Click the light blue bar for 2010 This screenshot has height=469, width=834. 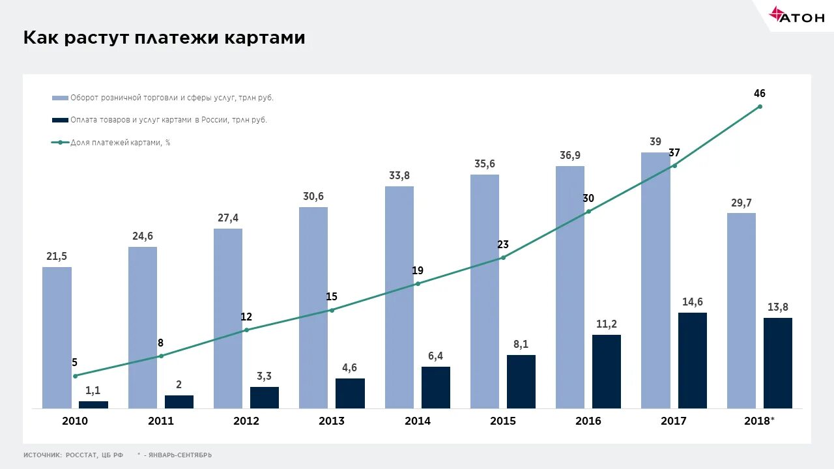57,337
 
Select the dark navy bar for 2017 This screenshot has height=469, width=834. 692,360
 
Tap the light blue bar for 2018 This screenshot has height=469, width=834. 741,310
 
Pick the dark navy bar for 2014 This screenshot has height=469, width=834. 435,387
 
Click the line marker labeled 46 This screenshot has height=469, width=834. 760,106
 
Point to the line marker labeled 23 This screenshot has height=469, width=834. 503,257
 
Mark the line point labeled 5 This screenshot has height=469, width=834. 75,376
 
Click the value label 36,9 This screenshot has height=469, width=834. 570,155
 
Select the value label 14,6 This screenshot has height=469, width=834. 692,302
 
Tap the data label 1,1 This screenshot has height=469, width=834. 93,390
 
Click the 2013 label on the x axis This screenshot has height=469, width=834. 332,421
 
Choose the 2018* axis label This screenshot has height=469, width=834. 759,421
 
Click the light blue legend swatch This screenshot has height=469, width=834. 60,98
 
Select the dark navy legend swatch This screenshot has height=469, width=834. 60,120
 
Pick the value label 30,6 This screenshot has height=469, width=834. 313,196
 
